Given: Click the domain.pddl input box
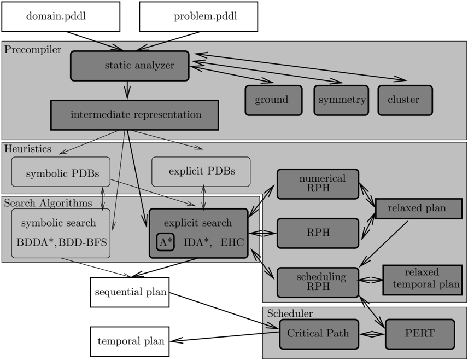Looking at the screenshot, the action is click(61, 16).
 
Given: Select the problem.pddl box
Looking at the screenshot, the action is click(198, 16).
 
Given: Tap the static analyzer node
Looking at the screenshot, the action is click(130, 66).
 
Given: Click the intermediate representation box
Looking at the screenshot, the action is click(134, 115).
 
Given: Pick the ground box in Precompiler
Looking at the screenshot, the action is click(274, 100).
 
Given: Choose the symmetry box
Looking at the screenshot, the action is click(341, 100).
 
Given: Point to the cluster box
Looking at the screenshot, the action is click(405, 100).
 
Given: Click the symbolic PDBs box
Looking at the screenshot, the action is click(61, 172).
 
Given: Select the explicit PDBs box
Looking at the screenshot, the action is click(201, 172).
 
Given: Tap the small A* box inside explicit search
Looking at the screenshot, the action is click(165, 242).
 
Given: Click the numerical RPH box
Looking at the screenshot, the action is click(318, 184).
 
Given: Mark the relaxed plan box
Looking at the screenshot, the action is click(419, 208).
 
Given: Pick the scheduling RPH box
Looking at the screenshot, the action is click(318, 282).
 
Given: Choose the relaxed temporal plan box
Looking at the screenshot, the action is click(423, 280).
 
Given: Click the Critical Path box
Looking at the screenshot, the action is click(319, 334).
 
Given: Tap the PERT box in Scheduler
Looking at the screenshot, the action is click(420, 334).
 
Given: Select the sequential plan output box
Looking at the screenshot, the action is click(130, 292).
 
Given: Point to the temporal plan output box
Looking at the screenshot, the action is click(130, 341).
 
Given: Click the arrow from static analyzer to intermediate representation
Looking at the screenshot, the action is click(127, 90).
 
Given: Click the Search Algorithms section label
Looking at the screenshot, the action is click(48, 203).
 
